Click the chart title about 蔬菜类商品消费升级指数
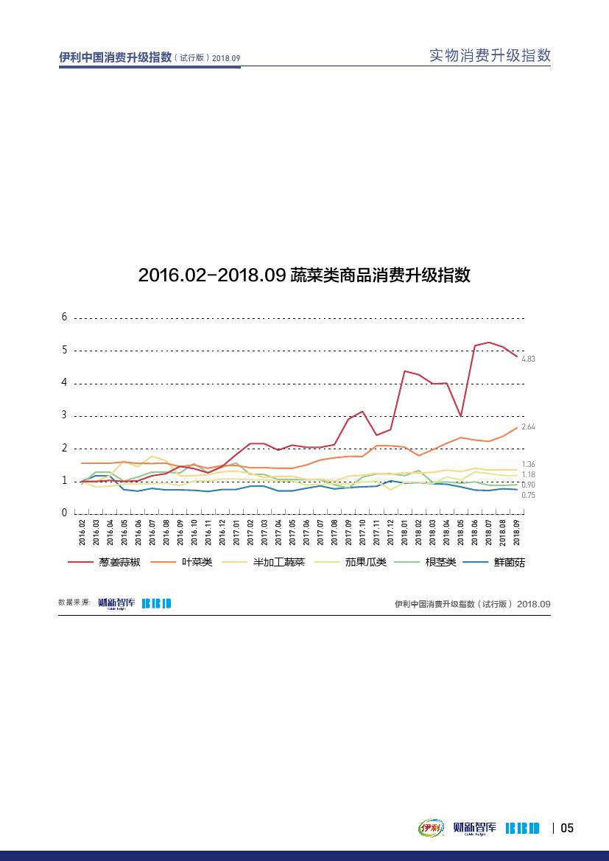[x=304, y=275]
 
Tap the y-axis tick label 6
[x=65, y=317]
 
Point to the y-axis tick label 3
[x=65, y=415]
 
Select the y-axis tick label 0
[x=65, y=513]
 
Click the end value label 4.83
[x=527, y=359]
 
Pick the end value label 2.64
[x=527, y=427]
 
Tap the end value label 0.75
[x=527, y=496]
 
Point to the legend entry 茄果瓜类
[x=365, y=562]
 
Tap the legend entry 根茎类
[x=440, y=562]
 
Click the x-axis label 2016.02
[x=82, y=532]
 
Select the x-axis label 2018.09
[x=517, y=532]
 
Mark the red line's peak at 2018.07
[x=488, y=342]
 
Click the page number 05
[x=567, y=828]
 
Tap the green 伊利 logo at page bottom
[x=430, y=828]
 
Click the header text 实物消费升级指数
[x=490, y=56]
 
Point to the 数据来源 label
[x=74, y=602]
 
